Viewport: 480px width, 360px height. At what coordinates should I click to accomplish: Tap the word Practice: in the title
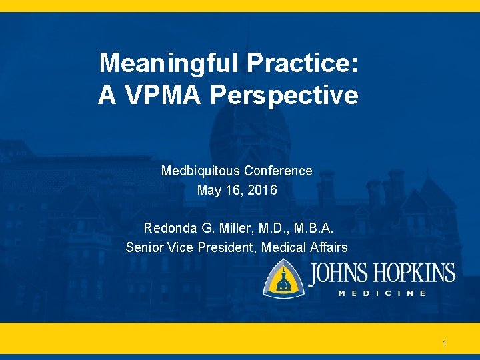[303, 64]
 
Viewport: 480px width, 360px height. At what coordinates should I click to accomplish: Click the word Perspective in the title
[284, 95]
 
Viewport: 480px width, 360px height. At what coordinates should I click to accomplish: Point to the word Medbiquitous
[201, 171]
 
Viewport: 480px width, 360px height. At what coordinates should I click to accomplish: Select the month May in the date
[209, 191]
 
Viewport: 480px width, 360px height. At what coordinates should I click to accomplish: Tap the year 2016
[261, 191]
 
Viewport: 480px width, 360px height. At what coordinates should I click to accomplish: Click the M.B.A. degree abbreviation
[317, 228]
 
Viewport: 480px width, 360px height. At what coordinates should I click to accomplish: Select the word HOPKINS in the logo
[415, 274]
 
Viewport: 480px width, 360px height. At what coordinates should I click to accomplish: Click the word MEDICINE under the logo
[381, 293]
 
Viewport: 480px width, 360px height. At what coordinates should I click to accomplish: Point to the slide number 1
[445, 344]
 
